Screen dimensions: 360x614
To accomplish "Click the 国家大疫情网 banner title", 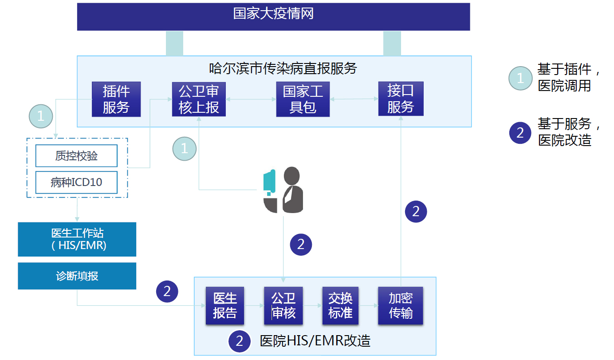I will (273, 14).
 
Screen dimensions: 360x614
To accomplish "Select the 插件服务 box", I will (116, 99).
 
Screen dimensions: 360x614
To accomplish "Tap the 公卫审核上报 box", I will (199, 99).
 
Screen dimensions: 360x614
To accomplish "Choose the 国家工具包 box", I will (303, 99).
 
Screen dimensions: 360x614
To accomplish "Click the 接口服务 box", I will (401, 99).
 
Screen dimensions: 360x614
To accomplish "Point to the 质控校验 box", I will (76, 156).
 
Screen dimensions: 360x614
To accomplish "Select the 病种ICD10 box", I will (76, 182).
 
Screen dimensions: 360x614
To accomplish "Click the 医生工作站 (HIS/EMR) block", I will (77, 239).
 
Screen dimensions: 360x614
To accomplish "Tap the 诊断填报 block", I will (77, 276).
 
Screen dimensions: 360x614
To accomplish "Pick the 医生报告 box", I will (225, 305).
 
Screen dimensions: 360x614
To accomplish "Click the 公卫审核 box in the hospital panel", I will (283, 305).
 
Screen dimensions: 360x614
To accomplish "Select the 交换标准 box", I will (340, 305).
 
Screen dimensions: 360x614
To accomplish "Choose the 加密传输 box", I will (401, 305).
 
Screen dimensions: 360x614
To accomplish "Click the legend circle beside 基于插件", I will (520, 78).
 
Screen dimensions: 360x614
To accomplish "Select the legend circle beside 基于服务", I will (520, 132).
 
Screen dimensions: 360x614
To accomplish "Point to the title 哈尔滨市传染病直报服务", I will (283, 68).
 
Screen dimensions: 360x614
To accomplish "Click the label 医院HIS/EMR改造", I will (315, 341).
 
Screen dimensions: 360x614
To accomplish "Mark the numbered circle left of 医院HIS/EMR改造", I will (240, 341).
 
